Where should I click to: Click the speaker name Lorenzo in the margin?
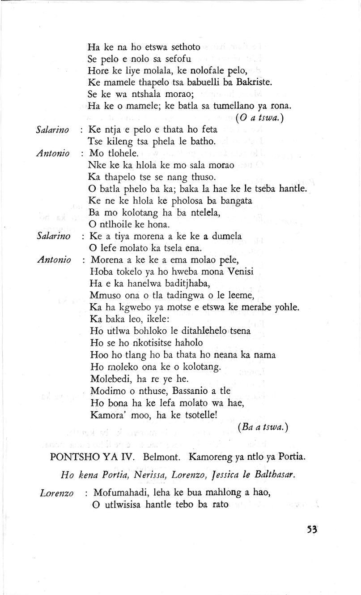pyautogui.click(x=57, y=493)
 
